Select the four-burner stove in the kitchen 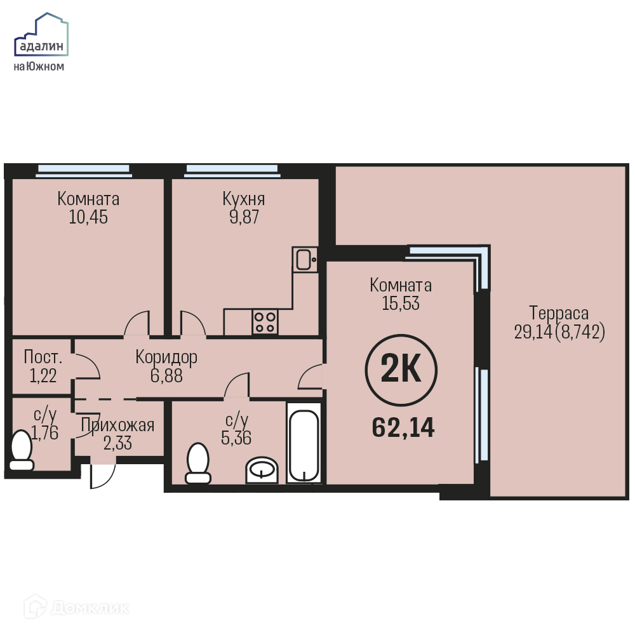coord(265,322)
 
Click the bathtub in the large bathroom coord(304,442)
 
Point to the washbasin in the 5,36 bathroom coord(262,470)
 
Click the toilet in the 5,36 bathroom coord(198,463)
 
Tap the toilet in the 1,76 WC coord(22,450)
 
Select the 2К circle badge coord(401,370)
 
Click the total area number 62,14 coord(403,427)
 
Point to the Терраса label coord(559,313)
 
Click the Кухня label coord(244,199)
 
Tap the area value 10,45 coord(88,217)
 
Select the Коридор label coord(166,357)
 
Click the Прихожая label coord(117,425)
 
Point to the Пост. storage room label coord(43,357)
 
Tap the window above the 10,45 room coord(84,171)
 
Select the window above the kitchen coord(232,171)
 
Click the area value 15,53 coord(401,304)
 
